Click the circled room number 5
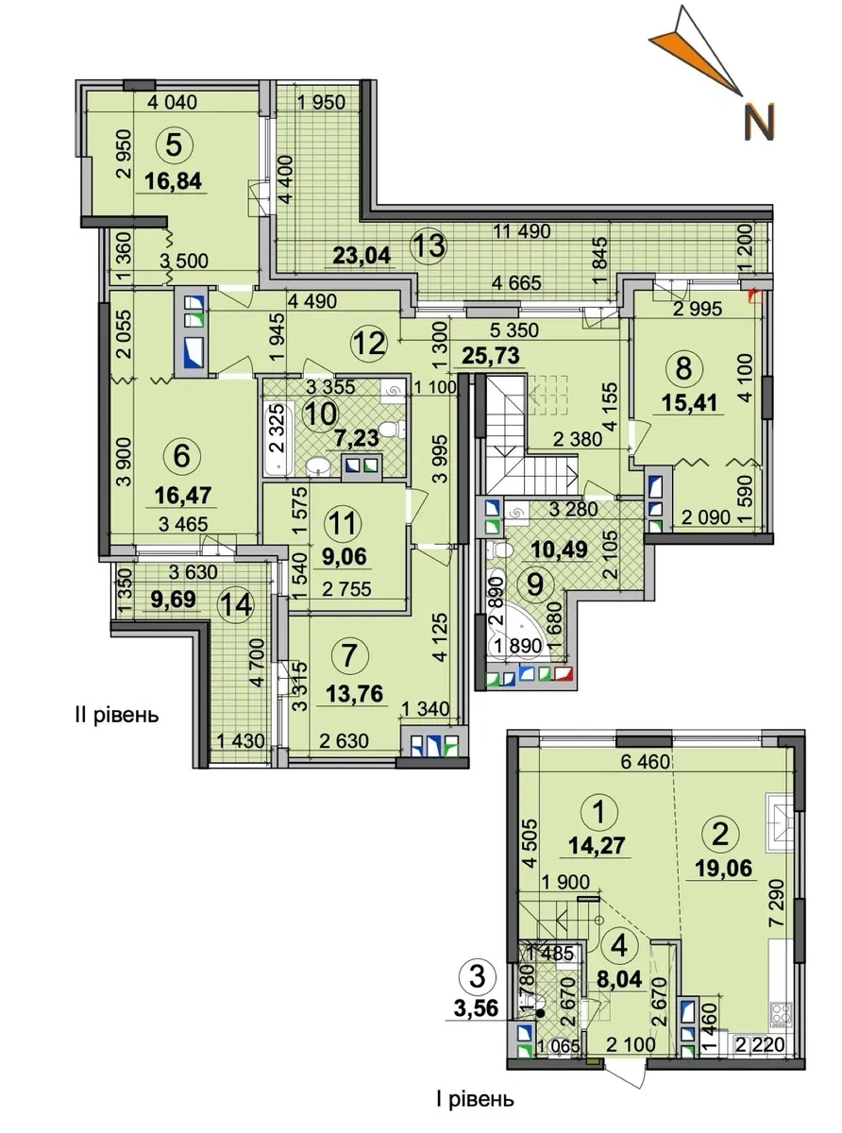[175, 145]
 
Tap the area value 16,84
[173, 181]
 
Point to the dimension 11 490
[522, 231]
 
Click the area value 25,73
[490, 355]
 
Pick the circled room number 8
[683, 368]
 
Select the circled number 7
[348, 656]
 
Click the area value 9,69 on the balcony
[173, 600]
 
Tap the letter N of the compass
[760, 122]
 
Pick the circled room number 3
[478, 977]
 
